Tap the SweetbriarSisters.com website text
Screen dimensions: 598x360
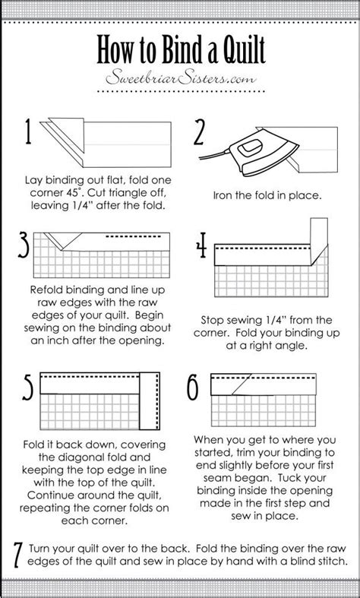coord(180,79)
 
